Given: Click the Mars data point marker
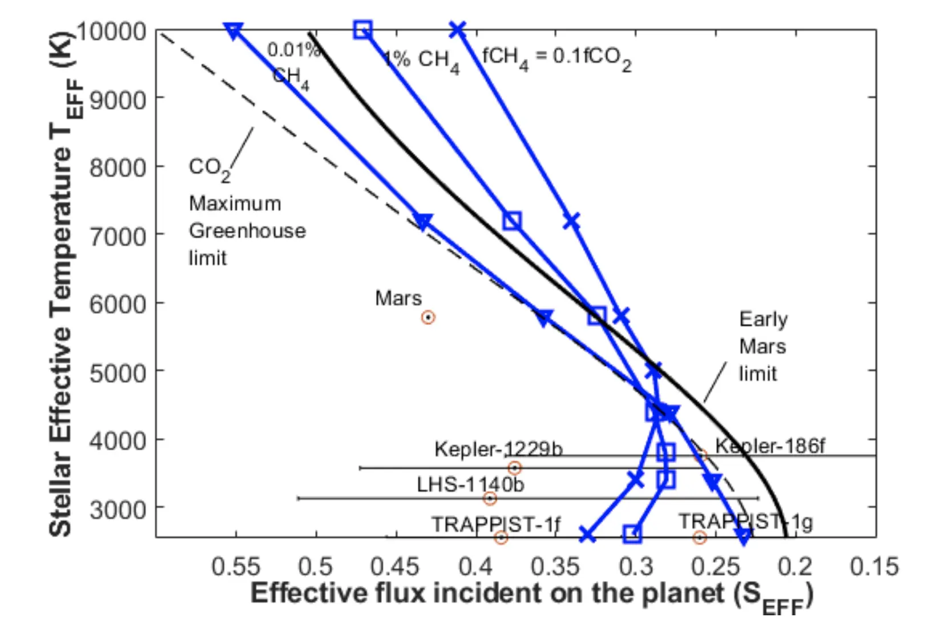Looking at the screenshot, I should [x=428, y=317].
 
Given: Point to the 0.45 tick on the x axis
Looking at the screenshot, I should [x=395, y=566].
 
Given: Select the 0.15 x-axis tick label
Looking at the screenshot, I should [x=874, y=566].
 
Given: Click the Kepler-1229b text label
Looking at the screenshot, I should [x=498, y=449].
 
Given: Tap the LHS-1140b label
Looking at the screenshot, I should [x=470, y=484].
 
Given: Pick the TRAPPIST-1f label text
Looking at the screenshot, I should [x=495, y=524].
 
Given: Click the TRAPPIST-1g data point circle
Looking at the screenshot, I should [x=700, y=537].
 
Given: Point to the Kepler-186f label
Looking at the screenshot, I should [x=769, y=446].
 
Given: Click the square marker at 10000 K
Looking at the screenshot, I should [x=362, y=30].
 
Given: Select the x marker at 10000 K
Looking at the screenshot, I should [x=457, y=30].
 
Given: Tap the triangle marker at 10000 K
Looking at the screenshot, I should [x=233, y=30].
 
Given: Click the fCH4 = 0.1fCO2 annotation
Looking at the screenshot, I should [x=556, y=58].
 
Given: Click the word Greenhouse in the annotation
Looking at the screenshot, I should [x=247, y=231].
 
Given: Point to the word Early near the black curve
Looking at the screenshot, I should [x=763, y=319].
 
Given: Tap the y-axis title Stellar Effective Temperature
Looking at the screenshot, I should [x=62, y=286].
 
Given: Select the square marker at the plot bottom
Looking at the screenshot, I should [x=632, y=534].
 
